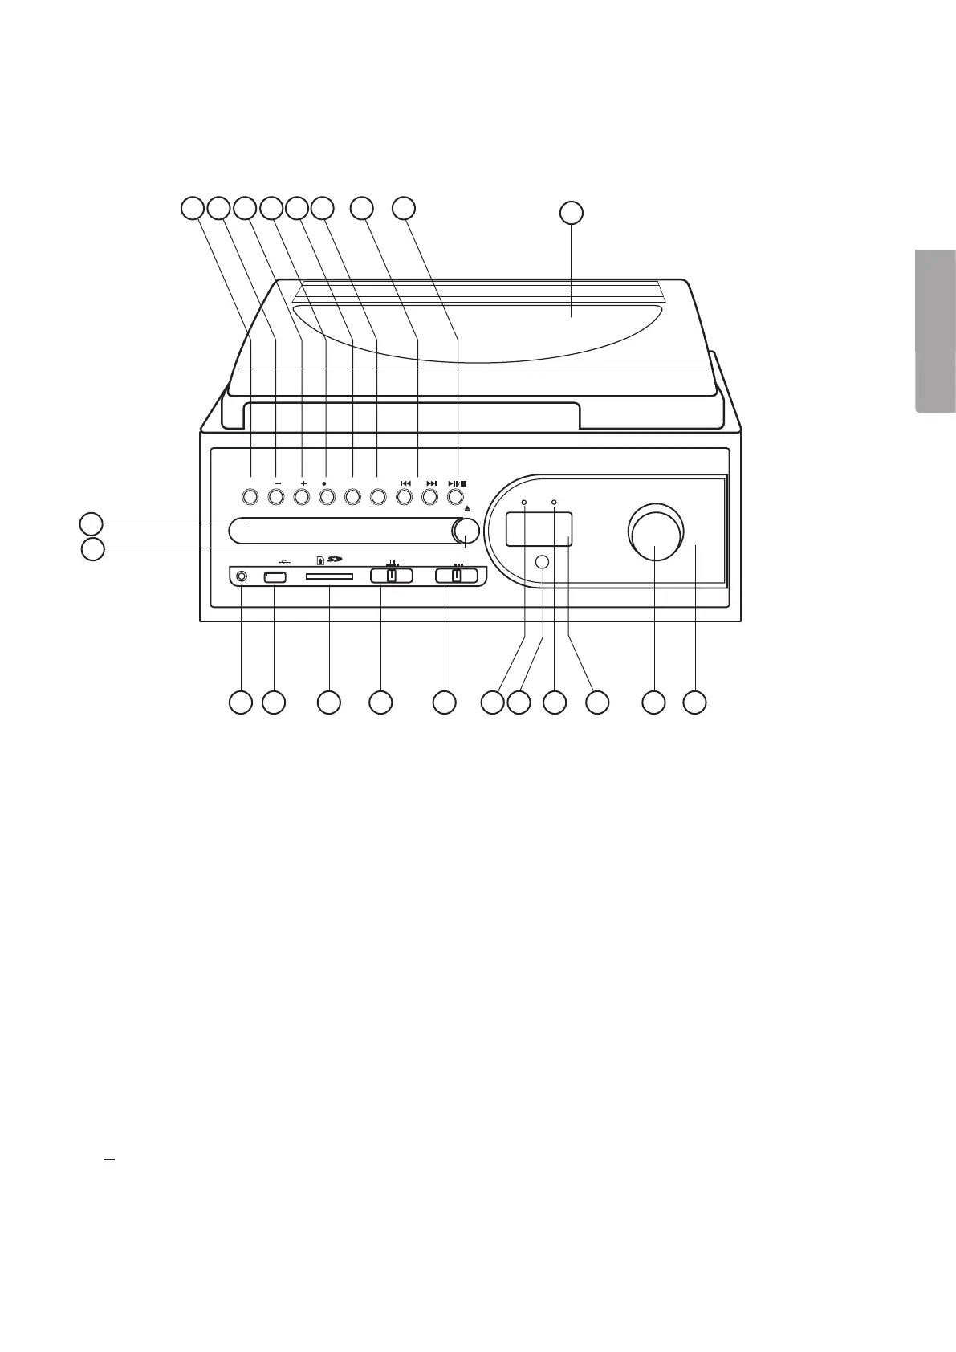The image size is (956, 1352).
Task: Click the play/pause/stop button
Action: click(x=455, y=497)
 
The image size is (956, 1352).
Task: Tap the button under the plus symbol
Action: click(x=302, y=497)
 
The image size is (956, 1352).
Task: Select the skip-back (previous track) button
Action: click(x=405, y=497)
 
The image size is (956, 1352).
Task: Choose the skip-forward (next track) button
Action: click(x=430, y=497)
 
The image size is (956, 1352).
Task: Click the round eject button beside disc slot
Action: click(x=466, y=530)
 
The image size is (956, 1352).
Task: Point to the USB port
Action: click(x=275, y=576)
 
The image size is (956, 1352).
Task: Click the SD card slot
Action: click(x=329, y=576)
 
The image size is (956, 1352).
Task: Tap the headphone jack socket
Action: click(x=240, y=576)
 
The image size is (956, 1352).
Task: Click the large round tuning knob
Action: click(x=655, y=532)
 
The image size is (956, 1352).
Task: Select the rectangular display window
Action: click(x=538, y=530)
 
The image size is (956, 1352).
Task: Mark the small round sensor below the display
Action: click(x=543, y=562)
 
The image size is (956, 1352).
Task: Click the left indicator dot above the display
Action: click(x=524, y=502)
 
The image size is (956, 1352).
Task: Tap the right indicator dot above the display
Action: click(x=554, y=502)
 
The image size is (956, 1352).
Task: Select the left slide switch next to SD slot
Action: click(x=391, y=576)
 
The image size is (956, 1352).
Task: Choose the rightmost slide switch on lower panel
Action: click(x=456, y=576)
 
